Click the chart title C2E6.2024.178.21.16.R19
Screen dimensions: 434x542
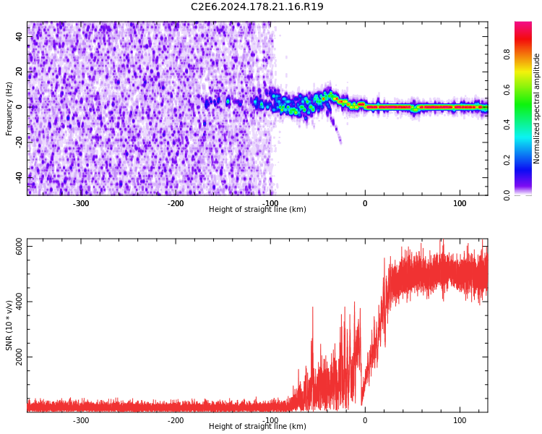pos(257,7)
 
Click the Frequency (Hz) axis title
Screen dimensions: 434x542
pos(9,109)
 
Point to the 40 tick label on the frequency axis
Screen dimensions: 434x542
pos(20,37)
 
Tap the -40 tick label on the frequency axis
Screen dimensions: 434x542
pos(20,176)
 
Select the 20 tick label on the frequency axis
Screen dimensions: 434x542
pos(20,72)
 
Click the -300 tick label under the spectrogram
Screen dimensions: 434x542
pos(81,203)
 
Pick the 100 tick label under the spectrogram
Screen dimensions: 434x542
pos(460,203)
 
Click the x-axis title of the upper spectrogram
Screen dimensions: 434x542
pos(257,210)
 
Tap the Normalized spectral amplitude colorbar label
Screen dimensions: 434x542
pos(537,109)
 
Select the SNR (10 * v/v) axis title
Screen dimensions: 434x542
pos(9,325)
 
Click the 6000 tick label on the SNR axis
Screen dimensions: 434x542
pos(20,247)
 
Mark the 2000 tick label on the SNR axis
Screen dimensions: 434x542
pos(20,357)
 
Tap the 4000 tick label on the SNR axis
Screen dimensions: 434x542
pos(20,302)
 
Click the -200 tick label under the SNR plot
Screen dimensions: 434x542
pos(176,420)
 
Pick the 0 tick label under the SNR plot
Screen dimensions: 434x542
pos(365,420)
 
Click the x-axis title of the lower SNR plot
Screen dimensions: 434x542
pos(257,427)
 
